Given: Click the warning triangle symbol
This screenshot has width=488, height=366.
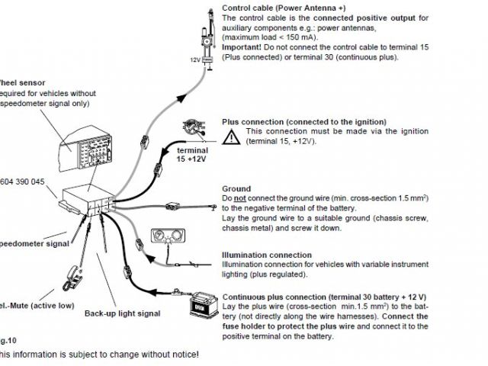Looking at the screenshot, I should click(x=230, y=137).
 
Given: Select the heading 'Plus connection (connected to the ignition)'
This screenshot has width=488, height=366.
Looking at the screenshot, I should click(x=303, y=122).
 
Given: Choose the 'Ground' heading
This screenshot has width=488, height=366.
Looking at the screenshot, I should click(x=236, y=188).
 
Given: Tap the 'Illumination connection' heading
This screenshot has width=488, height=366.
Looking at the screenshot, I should click(x=266, y=255).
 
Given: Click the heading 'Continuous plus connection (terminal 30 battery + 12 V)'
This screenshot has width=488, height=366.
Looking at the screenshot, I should click(x=324, y=296).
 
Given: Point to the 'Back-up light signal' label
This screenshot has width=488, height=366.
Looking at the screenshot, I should click(x=122, y=313).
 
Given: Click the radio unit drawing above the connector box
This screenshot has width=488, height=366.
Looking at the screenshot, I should click(x=83, y=148).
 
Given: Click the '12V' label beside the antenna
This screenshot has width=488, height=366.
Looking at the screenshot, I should click(x=194, y=59).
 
